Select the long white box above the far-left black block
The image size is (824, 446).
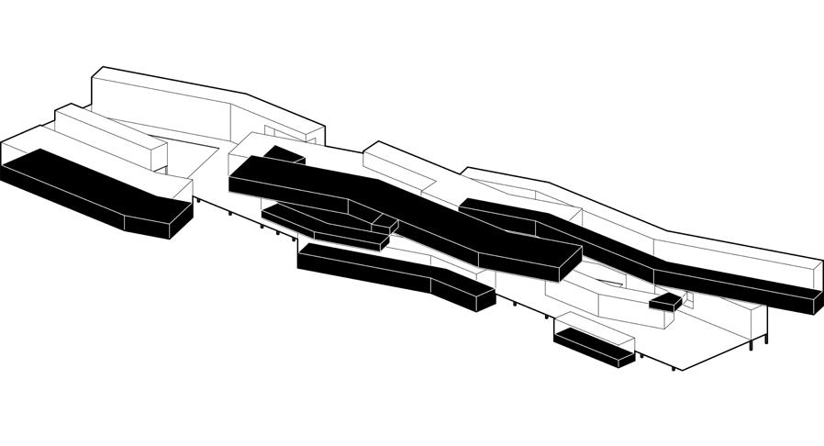(106, 138)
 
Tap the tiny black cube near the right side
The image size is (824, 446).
(665, 301)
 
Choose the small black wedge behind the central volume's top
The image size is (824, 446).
(284, 154)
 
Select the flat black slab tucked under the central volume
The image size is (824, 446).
(321, 225)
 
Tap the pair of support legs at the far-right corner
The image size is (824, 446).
(758, 341)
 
